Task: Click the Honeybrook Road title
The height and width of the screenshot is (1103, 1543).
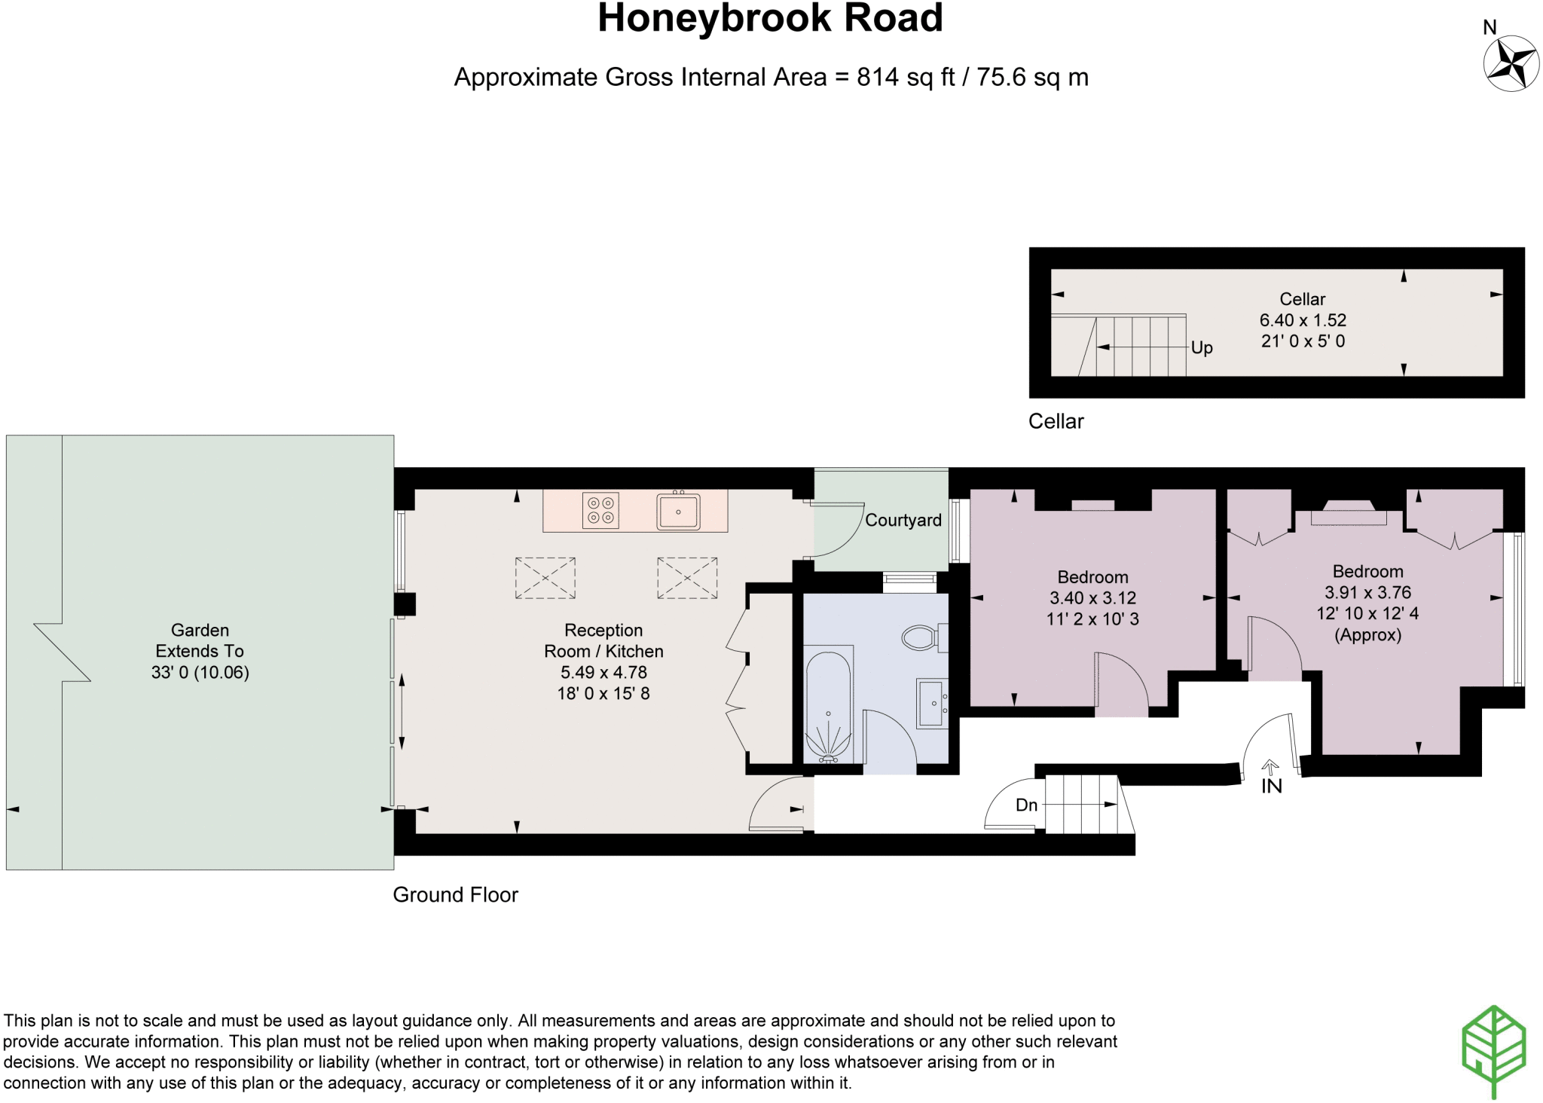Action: [x=770, y=18]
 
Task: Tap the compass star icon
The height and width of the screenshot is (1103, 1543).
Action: [x=1511, y=63]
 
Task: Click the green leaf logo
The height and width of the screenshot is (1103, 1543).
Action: [x=1494, y=1050]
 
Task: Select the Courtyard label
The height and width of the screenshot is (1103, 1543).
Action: [x=903, y=520]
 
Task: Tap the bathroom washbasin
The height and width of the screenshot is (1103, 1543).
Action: [x=932, y=703]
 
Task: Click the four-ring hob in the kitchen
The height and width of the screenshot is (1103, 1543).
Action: [x=600, y=510]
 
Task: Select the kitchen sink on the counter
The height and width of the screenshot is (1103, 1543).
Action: [x=678, y=511]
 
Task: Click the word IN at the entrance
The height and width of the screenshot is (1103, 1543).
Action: [x=1272, y=787]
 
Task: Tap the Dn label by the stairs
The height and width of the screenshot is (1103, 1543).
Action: [x=1027, y=805]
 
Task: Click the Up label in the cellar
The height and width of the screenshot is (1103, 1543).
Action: [x=1202, y=347]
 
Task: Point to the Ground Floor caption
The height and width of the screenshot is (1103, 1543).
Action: [x=456, y=895]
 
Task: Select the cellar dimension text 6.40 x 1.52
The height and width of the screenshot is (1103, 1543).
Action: [x=1303, y=320]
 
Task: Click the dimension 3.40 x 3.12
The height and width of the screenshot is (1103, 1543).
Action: [x=1092, y=598]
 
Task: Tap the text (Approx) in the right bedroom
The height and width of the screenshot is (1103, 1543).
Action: [x=1367, y=635]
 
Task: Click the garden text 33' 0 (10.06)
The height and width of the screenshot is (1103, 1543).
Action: [x=200, y=672]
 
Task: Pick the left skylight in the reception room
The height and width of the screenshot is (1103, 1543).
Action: [x=545, y=578]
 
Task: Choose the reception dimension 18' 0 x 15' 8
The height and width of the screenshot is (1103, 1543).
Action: [x=603, y=693]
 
